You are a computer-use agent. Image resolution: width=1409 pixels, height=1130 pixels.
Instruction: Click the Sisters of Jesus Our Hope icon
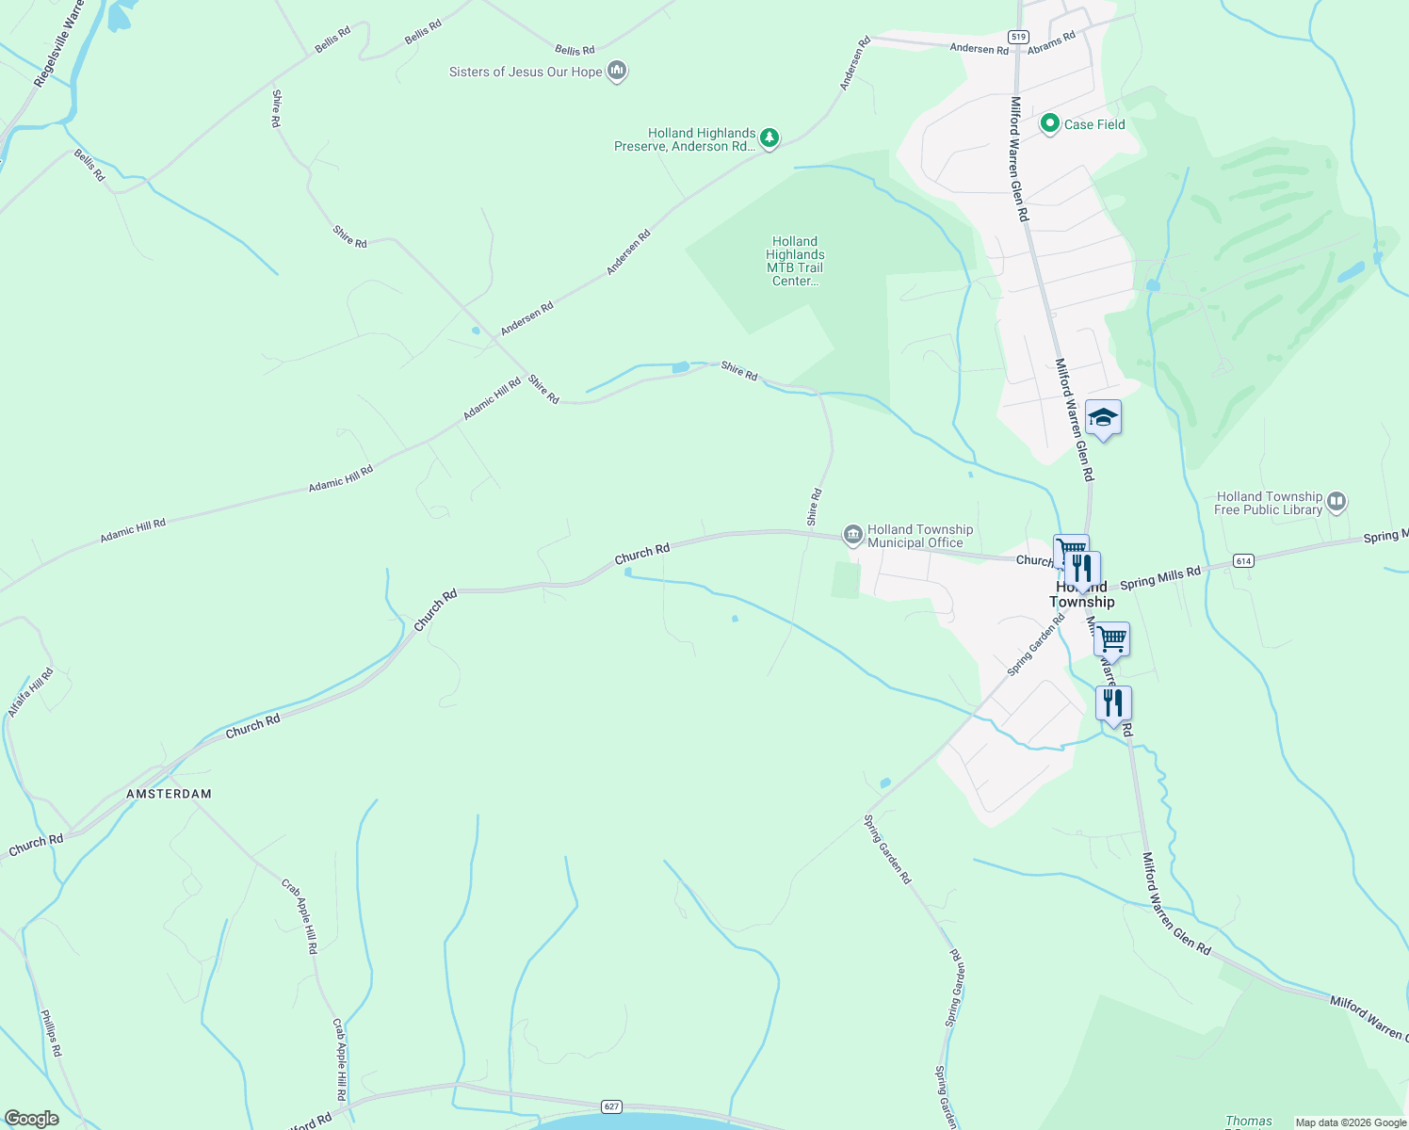[x=617, y=71]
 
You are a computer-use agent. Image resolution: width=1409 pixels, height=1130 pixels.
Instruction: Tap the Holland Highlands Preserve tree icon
[x=769, y=139]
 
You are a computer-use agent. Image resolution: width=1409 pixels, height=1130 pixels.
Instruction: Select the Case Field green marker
[x=1050, y=123]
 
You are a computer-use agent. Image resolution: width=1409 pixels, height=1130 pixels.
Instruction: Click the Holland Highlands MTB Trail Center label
[x=795, y=261]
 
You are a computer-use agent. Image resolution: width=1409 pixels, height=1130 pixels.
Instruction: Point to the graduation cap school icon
[x=1103, y=417]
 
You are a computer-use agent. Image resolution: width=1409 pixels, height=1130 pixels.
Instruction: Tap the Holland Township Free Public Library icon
[x=1336, y=502]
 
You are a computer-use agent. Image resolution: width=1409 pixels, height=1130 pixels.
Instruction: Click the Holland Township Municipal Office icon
[x=852, y=536]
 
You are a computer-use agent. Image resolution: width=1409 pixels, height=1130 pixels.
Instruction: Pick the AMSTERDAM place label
[x=170, y=794]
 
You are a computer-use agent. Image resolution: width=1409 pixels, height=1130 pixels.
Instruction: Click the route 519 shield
[x=1017, y=36]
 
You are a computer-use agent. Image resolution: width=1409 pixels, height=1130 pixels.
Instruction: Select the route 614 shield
[x=1243, y=561]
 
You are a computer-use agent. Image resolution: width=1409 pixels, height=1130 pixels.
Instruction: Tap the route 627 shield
[x=612, y=1106]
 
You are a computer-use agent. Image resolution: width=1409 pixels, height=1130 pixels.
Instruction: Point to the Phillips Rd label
[x=51, y=1033]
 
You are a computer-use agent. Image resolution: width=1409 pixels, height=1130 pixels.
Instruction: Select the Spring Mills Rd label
[x=1160, y=577]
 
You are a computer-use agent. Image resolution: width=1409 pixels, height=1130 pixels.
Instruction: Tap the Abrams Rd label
[x=1051, y=43]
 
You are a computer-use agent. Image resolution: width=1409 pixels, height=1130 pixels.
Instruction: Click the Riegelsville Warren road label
[x=58, y=44]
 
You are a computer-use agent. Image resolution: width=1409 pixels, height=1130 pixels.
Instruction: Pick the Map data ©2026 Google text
[x=1350, y=1122]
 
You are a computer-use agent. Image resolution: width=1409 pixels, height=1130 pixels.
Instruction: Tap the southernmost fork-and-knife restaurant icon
[x=1113, y=703]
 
